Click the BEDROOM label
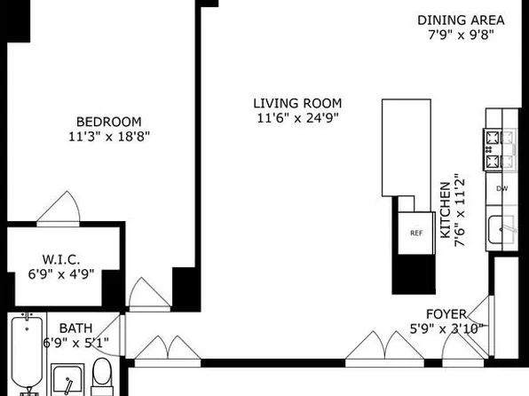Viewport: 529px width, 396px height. (x=108, y=122)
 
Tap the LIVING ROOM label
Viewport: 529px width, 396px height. (x=297, y=103)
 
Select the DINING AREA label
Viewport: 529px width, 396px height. (x=461, y=20)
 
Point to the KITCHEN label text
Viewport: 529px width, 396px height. (x=446, y=210)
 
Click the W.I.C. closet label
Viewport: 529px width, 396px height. (x=61, y=259)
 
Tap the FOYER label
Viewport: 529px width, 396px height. (x=446, y=314)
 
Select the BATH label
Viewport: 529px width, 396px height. (x=75, y=328)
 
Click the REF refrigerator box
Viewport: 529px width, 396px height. (x=416, y=233)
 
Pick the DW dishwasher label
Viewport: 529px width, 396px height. (x=502, y=188)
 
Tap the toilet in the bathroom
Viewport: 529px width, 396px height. (x=102, y=376)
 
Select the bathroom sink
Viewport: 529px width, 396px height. (x=67, y=379)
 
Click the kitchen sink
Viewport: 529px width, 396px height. (x=501, y=230)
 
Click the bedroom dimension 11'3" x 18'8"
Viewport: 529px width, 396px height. (x=109, y=137)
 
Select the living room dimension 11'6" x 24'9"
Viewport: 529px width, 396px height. (x=297, y=118)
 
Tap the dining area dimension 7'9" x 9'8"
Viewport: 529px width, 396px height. (x=461, y=35)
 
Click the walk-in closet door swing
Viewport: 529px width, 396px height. (x=59, y=209)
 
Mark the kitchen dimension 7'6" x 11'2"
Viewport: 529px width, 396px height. (x=460, y=210)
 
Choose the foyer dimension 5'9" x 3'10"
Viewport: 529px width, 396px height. (x=449, y=329)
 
